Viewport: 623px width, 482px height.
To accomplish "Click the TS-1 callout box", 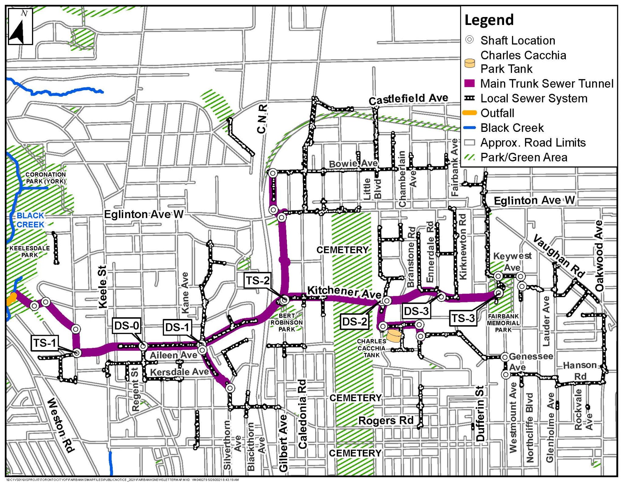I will (44, 343).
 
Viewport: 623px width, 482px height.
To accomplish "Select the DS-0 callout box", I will (127, 325).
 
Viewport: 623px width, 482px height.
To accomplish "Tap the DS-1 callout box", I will (177, 327).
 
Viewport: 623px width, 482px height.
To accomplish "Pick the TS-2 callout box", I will (257, 280).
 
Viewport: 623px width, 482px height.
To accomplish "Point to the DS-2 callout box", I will (354, 321).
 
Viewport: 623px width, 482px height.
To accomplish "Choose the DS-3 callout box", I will (416, 311).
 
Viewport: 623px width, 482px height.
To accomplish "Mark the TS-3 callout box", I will (463, 318).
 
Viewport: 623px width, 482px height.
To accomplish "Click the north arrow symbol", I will (20, 27).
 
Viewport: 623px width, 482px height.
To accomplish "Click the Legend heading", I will (489, 20).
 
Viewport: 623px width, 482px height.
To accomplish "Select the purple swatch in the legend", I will (470, 83).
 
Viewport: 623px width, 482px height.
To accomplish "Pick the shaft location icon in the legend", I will (470, 40).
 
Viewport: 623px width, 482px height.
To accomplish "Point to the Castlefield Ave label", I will (408, 99).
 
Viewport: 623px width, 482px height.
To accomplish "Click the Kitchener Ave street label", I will (344, 292).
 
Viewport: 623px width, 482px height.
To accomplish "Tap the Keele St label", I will (103, 287).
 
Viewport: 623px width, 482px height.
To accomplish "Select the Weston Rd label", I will (61, 425).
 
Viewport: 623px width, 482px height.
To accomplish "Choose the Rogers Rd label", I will (386, 420).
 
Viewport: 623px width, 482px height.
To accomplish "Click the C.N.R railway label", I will (262, 119).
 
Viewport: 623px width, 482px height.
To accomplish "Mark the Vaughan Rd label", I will (559, 256).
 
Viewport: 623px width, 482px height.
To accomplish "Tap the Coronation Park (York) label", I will (46, 178).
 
